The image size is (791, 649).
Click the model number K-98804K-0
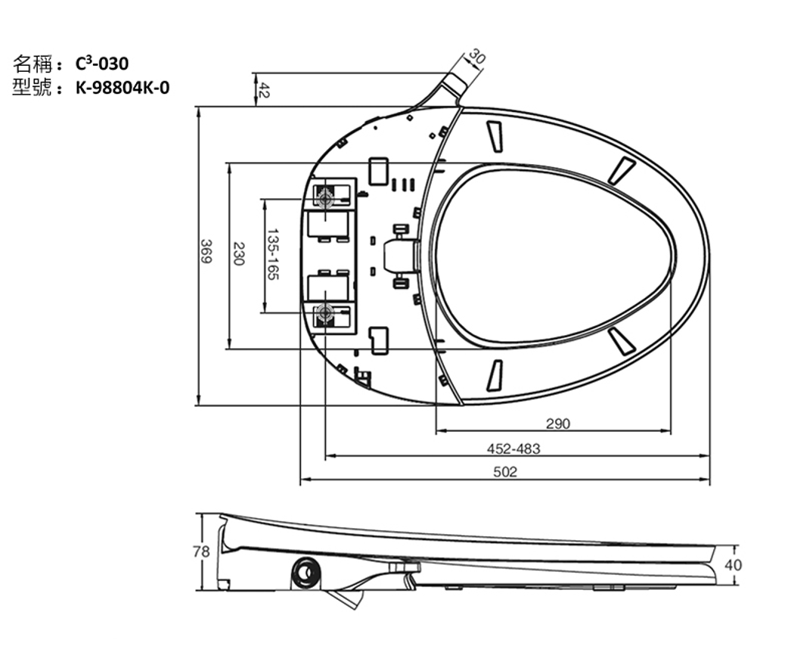pyautogui.click(x=123, y=88)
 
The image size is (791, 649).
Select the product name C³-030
pyautogui.click(x=102, y=64)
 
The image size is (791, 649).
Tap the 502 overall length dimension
pyautogui.click(x=505, y=472)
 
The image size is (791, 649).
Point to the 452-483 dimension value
pyautogui.click(x=513, y=449)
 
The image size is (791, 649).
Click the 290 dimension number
pyautogui.click(x=558, y=424)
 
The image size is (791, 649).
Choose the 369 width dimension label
pyautogui.click(x=206, y=251)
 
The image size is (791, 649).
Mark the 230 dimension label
pyautogui.click(x=238, y=254)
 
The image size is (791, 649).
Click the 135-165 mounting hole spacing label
pyautogui.click(x=272, y=255)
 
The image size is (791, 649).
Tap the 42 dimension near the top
pyautogui.click(x=264, y=90)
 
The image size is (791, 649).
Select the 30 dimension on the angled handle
pyautogui.click(x=476, y=57)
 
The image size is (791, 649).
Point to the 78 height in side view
pyautogui.click(x=201, y=551)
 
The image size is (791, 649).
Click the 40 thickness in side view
pyautogui.click(x=733, y=565)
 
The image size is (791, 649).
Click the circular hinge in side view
pyautogui.click(x=306, y=574)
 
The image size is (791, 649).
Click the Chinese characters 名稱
pyautogui.click(x=32, y=64)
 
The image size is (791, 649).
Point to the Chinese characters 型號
pyautogui.click(x=32, y=88)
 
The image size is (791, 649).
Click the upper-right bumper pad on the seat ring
pyautogui.click(x=622, y=170)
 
